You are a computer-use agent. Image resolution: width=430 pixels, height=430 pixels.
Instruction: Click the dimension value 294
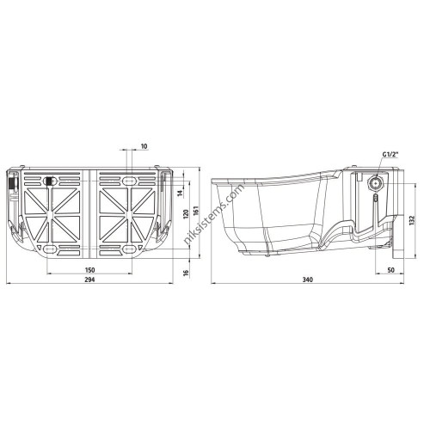pyautogui.click(x=90, y=279)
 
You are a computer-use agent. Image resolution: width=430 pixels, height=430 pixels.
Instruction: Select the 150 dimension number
pyautogui.click(x=90, y=270)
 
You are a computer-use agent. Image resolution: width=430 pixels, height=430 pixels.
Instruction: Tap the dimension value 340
pyautogui.click(x=308, y=279)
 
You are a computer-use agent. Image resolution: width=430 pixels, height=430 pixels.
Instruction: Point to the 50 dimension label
pyautogui.click(x=390, y=270)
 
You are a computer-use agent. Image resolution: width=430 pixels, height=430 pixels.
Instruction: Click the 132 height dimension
pyautogui.click(x=412, y=220)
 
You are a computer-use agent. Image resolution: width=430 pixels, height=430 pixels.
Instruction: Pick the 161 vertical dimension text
pyautogui.click(x=196, y=210)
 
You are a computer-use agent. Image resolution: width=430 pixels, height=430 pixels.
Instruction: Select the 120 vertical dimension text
pyautogui.click(x=186, y=214)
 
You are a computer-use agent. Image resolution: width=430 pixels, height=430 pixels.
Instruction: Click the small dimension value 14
pyautogui.click(x=180, y=193)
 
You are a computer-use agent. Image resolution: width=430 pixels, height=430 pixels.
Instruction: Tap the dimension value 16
pyautogui.click(x=186, y=272)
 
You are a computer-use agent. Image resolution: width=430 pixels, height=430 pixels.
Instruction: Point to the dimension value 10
pyautogui.click(x=144, y=146)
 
